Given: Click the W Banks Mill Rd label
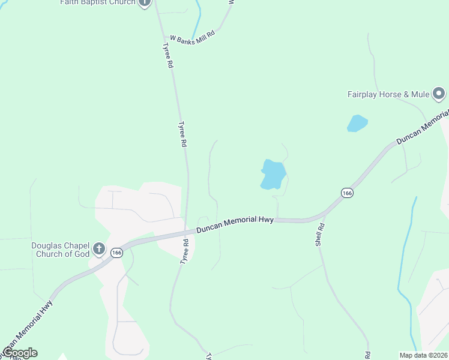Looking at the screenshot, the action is click(192, 39).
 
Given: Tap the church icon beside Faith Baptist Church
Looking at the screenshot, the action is click(145, 2).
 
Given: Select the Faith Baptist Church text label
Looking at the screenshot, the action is click(97, 2).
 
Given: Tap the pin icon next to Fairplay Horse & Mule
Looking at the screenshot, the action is click(439, 94).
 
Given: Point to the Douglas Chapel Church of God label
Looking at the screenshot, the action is click(61, 250).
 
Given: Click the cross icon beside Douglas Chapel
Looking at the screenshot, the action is click(100, 249).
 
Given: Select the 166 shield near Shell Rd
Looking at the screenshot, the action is click(346, 193).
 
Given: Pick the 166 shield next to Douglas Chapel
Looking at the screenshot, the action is click(116, 253).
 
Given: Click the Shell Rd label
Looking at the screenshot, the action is click(321, 235).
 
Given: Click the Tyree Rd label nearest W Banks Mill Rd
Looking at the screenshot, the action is click(167, 55).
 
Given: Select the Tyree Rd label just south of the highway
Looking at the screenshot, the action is click(185, 251).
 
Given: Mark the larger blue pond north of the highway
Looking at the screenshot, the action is click(273, 174).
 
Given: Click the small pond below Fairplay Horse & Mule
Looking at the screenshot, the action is click(357, 123).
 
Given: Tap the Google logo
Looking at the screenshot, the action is click(19, 353).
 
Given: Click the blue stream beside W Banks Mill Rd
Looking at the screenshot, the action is click(196, 21).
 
